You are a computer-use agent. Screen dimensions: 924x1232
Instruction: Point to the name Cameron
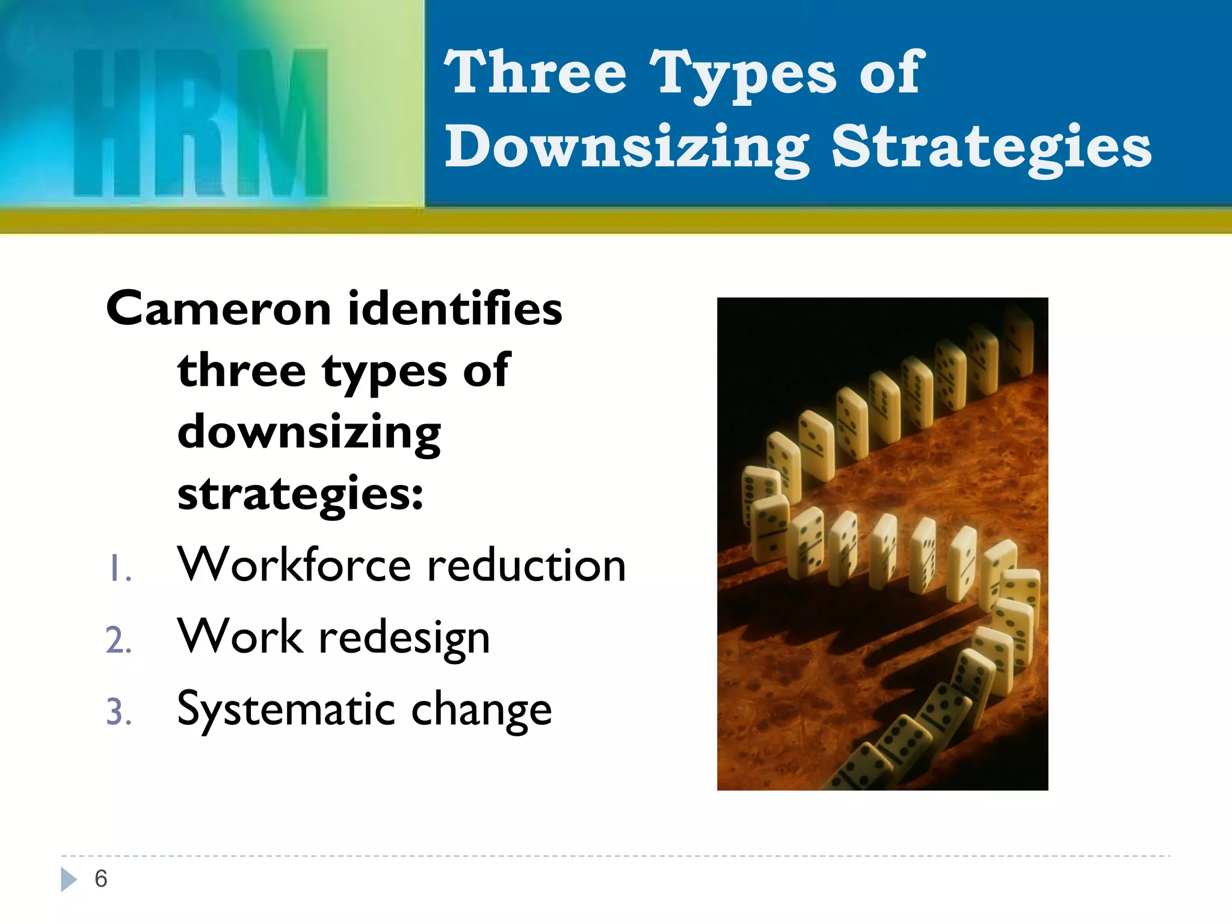[218, 308]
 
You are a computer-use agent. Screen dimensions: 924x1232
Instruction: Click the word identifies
[455, 308]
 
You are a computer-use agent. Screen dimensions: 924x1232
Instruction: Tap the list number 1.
[119, 569]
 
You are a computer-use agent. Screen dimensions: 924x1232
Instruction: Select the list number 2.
[119, 640]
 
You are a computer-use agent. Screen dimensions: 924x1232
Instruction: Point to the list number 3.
[119, 712]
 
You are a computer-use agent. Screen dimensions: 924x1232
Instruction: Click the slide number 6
[101, 879]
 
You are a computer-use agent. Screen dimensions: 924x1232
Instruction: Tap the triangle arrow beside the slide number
[69, 879]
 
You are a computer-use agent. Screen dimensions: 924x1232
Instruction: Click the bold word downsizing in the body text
[309, 432]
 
